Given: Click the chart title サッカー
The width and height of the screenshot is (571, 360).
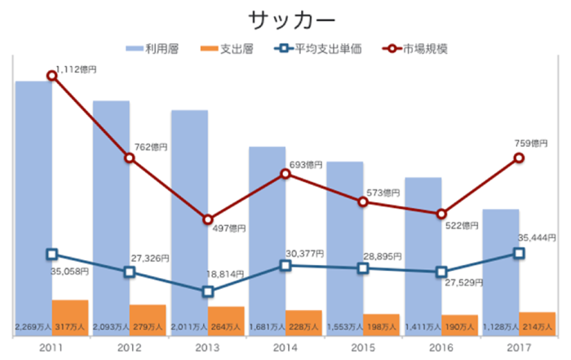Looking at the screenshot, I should tap(285, 20).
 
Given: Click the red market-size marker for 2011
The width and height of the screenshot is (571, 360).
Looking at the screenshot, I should tap(51, 75).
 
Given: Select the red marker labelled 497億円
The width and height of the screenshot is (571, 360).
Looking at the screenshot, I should tap(207, 220).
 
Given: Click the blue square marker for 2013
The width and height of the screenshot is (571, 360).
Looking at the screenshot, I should tap(207, 291).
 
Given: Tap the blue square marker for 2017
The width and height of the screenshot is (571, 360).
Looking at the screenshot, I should tap(519, 253).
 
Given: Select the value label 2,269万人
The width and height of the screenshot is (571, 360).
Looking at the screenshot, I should tap(33, 327).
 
